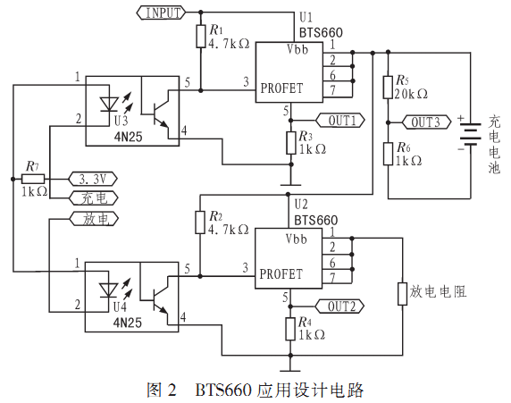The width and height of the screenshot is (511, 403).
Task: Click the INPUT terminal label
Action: click(x=162, y=13)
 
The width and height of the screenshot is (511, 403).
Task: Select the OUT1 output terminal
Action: click(x=340, y=121)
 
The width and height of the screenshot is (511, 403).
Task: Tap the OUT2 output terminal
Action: click(x=339, y=306)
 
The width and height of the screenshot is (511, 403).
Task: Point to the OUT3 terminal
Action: click(x=427, y=122)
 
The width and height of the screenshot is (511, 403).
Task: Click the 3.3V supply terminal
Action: click(x=93, y=179)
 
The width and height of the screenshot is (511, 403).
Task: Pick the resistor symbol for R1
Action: click(x=201, y=36)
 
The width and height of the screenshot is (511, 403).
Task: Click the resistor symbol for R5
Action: click(x=388, y=87)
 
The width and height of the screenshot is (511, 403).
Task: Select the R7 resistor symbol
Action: click(x=33, y=179)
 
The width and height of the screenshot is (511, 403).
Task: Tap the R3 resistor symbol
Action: click(x=291, y=143)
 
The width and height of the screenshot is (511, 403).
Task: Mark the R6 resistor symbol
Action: click(x=388, y=154)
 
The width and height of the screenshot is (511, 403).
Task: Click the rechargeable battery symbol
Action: click(x=470, y=134)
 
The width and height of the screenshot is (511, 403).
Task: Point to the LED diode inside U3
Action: click(x=109, y=105)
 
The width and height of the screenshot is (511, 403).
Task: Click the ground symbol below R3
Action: click(x=290, y=185)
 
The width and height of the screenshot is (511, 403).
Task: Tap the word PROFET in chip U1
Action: click(x=281, y=88)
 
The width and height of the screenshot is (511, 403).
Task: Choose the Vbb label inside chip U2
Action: click(x=297, y=239)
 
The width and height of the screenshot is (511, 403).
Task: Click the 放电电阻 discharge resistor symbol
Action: click(x=403, y=294)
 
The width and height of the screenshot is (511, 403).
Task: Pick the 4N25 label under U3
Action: click(x=128, y=137)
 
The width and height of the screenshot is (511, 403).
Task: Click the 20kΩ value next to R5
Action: click(x=411, y=94)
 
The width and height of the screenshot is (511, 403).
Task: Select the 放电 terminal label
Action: click(x=94, y=219)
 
